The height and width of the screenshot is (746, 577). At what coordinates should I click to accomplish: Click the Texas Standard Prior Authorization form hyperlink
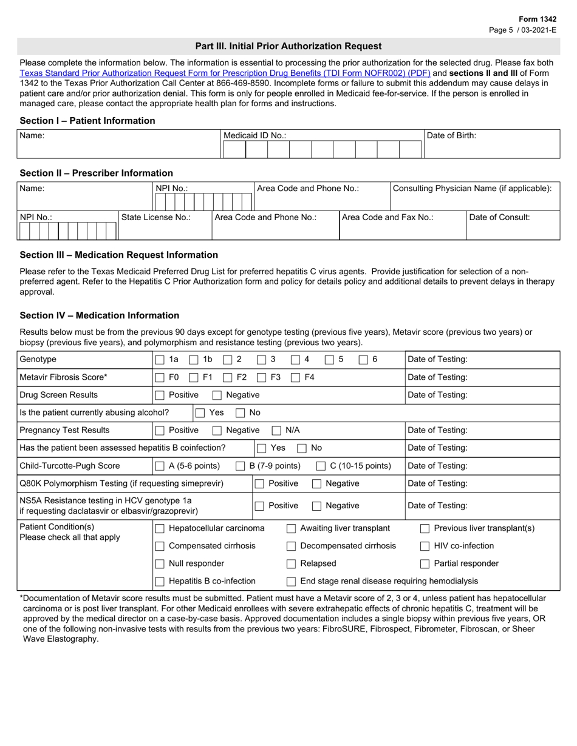point(225,73)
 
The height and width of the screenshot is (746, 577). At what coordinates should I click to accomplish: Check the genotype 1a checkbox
point(160,360)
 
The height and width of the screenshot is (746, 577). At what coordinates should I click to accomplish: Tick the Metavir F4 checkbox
point(295,377)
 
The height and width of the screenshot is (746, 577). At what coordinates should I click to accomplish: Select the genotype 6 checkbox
point(363,360)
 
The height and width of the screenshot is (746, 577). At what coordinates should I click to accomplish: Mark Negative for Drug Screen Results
point(217,395)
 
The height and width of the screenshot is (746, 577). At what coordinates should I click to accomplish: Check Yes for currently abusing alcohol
point(200,413)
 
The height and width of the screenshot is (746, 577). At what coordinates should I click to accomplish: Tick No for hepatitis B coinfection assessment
point(302,448)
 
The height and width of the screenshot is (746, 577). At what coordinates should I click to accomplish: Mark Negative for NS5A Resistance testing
point(316,506)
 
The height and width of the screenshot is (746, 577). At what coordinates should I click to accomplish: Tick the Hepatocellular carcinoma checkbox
point(160,528)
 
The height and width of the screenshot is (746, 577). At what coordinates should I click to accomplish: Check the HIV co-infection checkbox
point(425,546)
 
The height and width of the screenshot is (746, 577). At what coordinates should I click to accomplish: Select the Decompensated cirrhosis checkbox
point(292,546)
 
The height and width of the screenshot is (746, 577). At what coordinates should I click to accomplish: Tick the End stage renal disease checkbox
point(292,582)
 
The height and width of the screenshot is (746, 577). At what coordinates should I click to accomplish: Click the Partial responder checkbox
point(425,563)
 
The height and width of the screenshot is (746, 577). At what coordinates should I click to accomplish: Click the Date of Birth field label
point(451,136)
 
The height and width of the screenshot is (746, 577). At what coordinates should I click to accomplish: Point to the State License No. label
point(157,217)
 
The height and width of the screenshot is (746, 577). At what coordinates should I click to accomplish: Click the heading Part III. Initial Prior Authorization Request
point(288,46)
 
